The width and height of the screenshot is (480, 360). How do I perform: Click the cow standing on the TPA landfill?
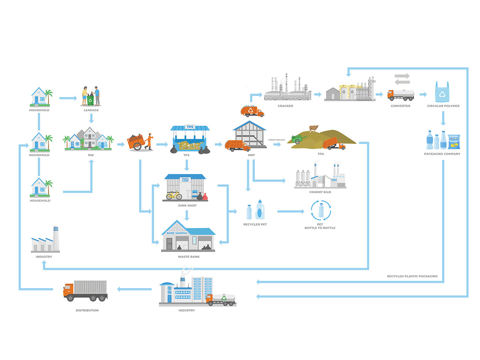pyautogui.click(x=314, y=128)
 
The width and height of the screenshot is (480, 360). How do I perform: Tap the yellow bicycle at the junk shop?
pyautogui.click(x=174, y=195)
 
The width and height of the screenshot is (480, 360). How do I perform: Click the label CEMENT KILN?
pyautogui.click(x=320, y=192)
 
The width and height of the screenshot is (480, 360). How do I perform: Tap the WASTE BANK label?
pyautogui.click(x=188, y=257)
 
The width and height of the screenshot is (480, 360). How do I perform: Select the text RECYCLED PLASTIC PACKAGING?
pyautogui.click(x=412, y=276)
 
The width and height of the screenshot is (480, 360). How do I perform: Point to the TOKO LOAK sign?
pyautogui.click(x=185, y=180)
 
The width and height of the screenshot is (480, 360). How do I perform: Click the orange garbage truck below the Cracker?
pyautogui.click(x=252, y=111)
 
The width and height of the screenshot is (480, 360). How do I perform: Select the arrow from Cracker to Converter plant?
pyautogui.click(x=317, y=95)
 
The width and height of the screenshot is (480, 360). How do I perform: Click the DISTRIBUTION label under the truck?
pyautogui.click(x=87, y=310)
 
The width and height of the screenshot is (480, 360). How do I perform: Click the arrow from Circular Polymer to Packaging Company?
pyautogui.click(x=443, y=118)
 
